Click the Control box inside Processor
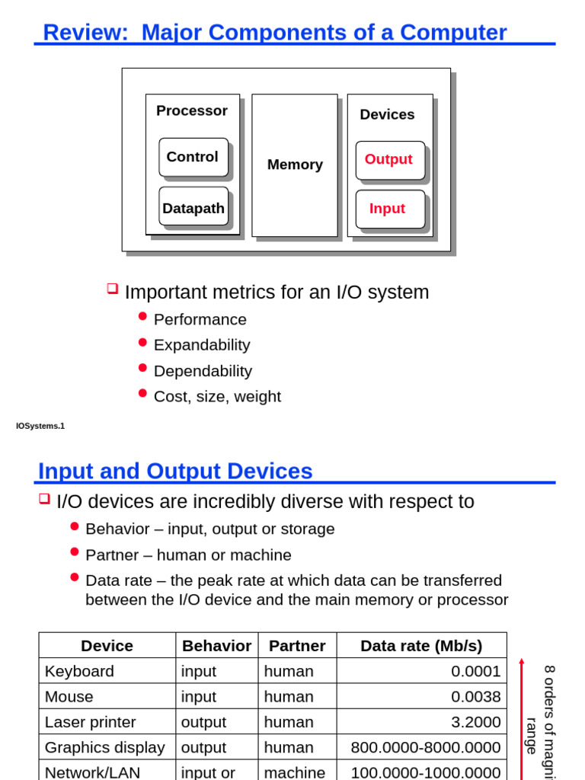(x=193, y=157)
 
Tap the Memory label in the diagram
(x=295, y=165)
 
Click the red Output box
(x=389, y=160)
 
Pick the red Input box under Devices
(x=389, y=209)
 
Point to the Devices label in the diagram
(x=387, y=114)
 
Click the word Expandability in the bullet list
(x=202, y=345)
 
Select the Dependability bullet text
(x=203, y=371)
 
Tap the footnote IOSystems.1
(x=40, y=426)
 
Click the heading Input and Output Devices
(x=175, y=472)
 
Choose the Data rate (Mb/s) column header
(x=421, y=646)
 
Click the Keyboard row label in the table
(x=80, y=671)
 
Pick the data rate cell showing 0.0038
(x=475, y=696)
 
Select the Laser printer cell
(x=91, y=722)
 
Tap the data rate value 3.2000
(x=475, y=722)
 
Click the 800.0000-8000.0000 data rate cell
(x=425, y=747)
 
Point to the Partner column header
(x=297, y=646)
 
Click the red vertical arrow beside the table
(x=522, y=716)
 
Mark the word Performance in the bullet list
(x=200, y=319)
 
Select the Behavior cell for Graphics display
(x=204, y=747)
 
